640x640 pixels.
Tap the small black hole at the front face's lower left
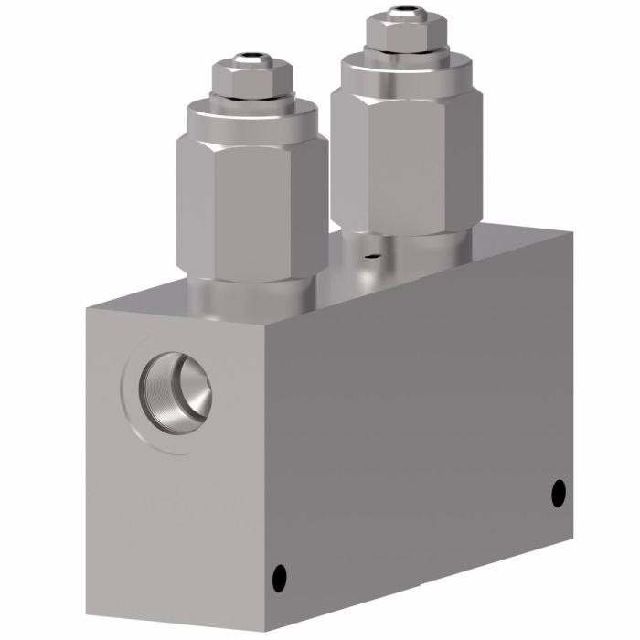click(x=281, y=577)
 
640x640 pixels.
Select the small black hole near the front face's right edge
click(x=559, y=494)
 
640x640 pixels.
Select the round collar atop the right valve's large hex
click(x=402, y=68)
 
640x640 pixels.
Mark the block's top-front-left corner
click(x=88, y=309)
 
